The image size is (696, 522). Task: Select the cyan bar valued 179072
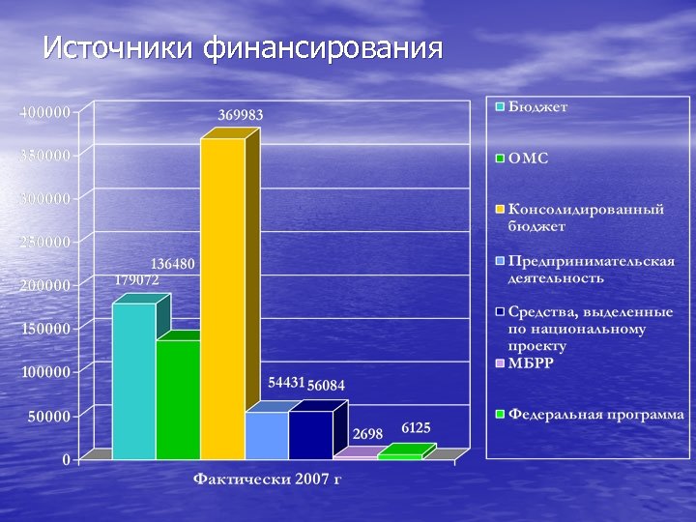(x=133, y=381)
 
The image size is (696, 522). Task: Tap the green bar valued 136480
(x=178, y=399)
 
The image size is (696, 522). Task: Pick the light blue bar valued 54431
(x=266, y=435)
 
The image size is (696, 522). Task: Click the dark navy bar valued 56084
(x=310, y=435)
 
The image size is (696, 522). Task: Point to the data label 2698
(x=367, y=433)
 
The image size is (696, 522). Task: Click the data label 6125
(x=416, y=427)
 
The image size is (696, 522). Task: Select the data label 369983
(x=240, y=115)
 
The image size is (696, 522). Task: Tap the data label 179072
(x=136, y=279)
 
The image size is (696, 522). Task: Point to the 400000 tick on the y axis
(x=45, y=112)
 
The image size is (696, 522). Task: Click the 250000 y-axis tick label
(x=45, y=242)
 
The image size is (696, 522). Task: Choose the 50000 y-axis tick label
(x=49, y=417)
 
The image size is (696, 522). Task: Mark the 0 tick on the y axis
(x=67, y=460)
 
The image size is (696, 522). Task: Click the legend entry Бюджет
(x=538, y=107)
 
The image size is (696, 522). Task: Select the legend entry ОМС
(x=529, y=158)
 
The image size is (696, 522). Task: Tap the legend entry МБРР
(x=531, y=362)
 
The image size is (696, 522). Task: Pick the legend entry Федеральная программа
(x=596, y=414)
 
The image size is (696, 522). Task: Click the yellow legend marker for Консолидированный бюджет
(x=500, y=209)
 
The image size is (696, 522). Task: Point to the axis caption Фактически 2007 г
(x=268, y=478)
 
